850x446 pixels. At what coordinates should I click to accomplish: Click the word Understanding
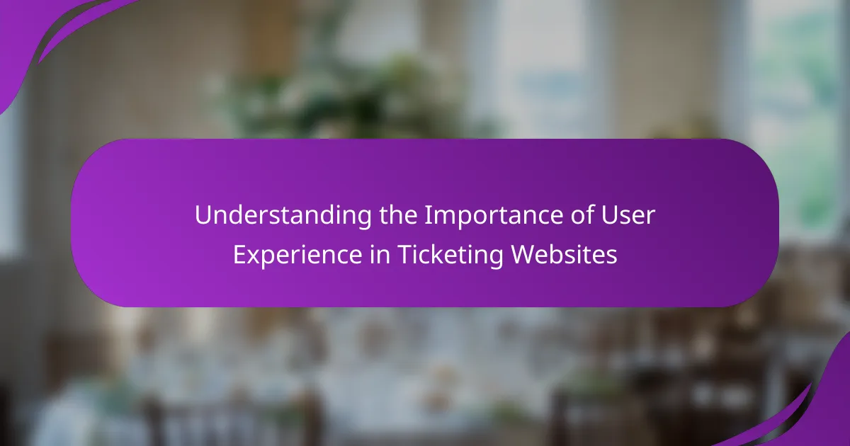[x=283, y=215]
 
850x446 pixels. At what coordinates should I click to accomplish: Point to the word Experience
[x=297, y=255]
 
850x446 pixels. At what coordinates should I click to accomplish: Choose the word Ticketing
[x=450, y=255]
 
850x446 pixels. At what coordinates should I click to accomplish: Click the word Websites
[x=564, y=254]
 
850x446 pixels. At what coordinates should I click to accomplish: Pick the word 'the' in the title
[x=398, y=215]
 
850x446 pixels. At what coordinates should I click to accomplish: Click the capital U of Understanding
[x=203, y=216]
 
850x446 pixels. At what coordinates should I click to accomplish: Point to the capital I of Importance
[x=428, y=215]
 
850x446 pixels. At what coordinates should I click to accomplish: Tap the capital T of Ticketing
[x=405, y=255]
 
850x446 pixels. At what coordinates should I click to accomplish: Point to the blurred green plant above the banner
[x=341, y=95]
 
